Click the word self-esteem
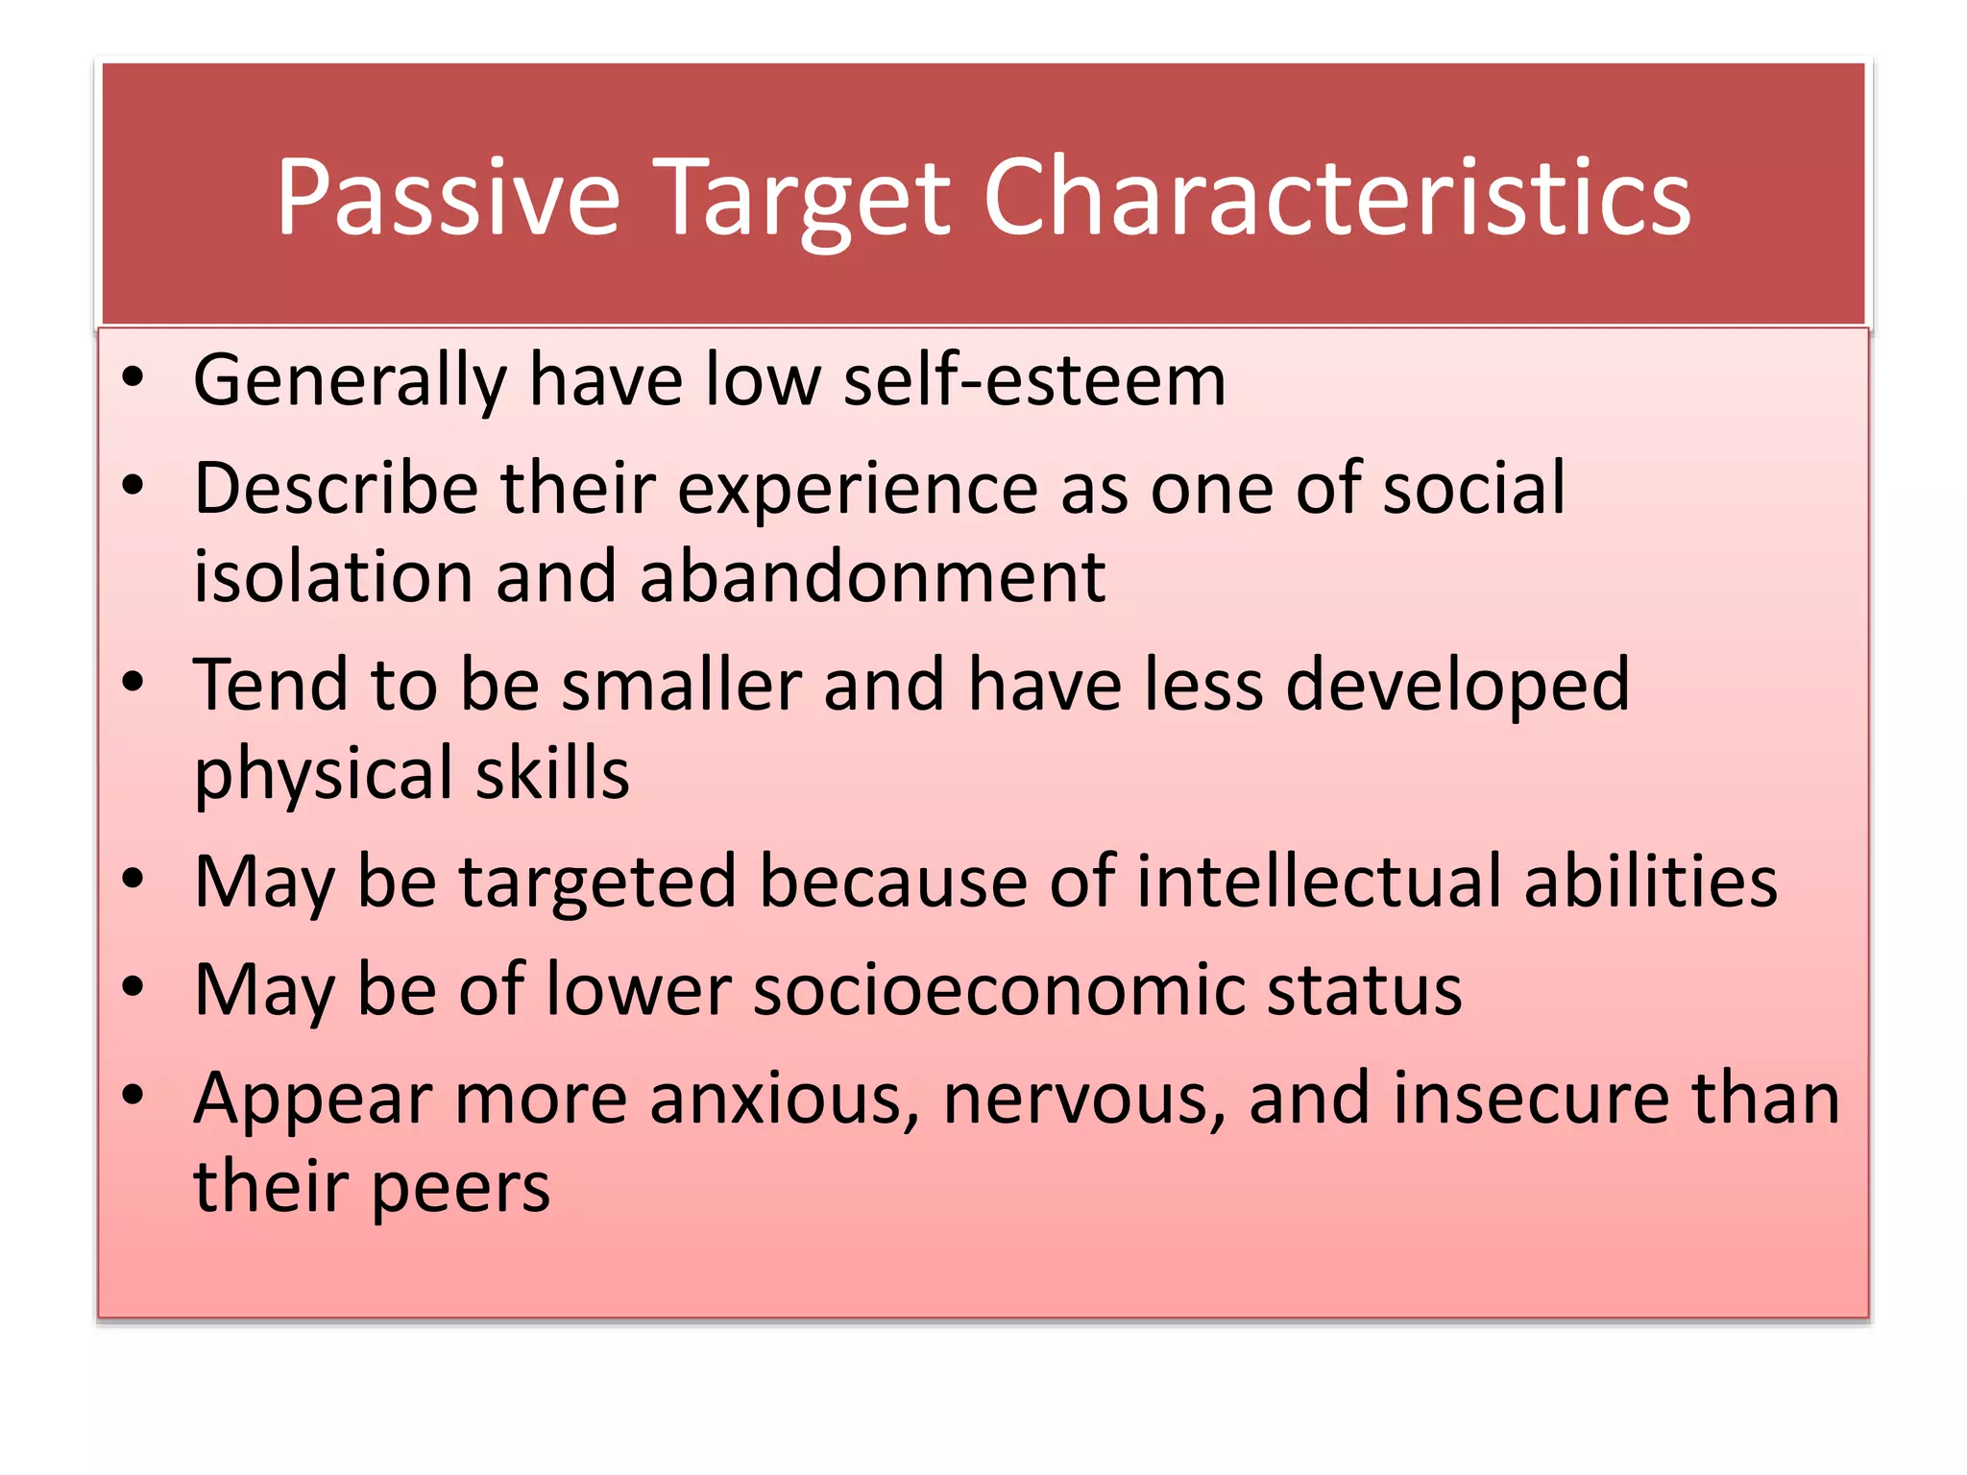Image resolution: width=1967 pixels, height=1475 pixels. click(1034, 380)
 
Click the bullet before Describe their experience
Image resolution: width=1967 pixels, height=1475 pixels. click(133, 486)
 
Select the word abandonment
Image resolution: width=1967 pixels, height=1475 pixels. click(872, 577)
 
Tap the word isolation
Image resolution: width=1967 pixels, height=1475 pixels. click(332, 577)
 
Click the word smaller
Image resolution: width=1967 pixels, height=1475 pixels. click(681, 685)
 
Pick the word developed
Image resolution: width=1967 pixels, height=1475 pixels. click(1457, 687)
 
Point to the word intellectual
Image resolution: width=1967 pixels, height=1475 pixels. click(1318, 882)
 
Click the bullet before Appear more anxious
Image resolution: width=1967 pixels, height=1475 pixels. click(133, 1095)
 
